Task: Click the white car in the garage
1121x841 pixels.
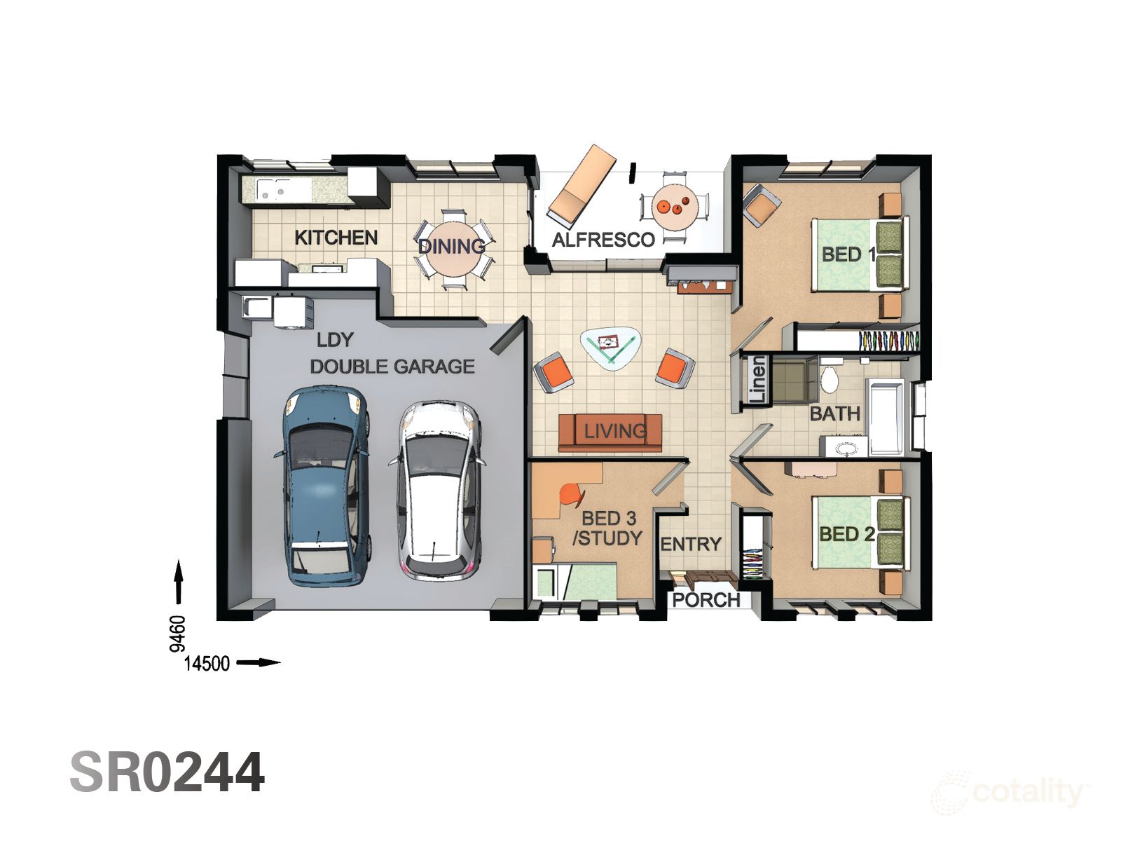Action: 438,491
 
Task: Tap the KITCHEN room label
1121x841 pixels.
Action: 336,238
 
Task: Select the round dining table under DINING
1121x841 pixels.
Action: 454,249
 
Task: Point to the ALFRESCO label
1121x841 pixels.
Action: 603,240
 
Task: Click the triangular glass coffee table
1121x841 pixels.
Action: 609,346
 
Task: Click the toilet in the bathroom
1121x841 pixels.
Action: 830,378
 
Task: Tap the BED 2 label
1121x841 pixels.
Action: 846,534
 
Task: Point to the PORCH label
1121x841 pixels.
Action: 706,600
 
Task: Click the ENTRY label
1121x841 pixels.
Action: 690,544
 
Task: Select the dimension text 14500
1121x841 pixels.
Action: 207,663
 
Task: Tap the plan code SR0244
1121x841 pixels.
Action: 167,772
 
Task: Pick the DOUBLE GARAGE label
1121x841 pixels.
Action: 392,367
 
